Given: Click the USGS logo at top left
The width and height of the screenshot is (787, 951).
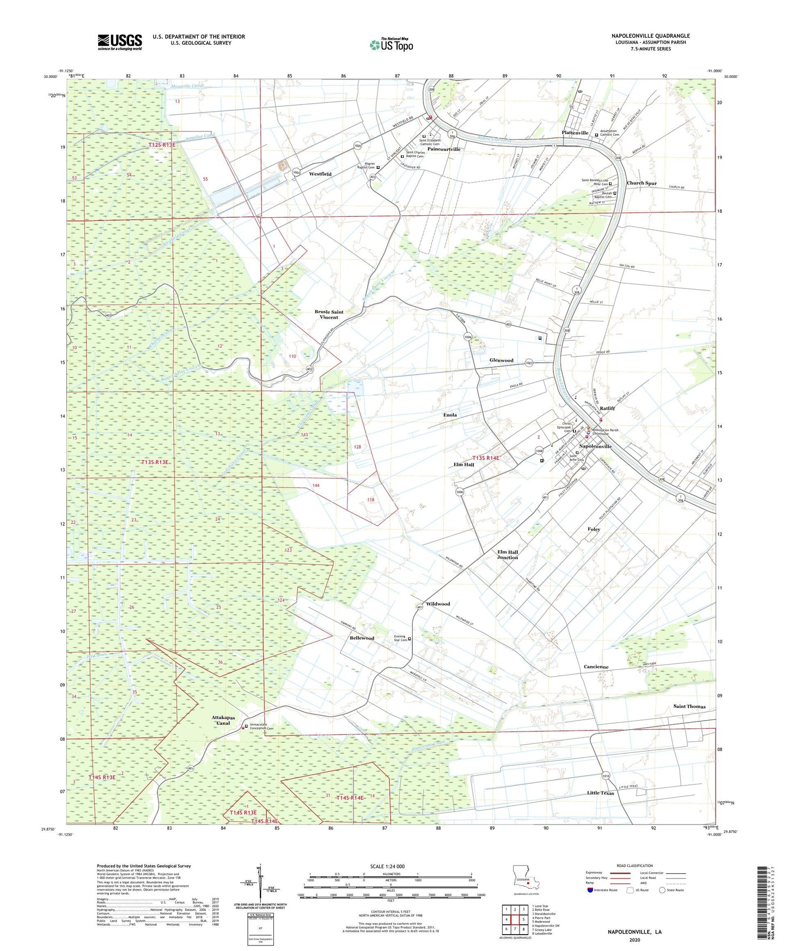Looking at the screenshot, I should tap(120, 41).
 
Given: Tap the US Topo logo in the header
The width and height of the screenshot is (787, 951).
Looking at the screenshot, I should tap(391, 45).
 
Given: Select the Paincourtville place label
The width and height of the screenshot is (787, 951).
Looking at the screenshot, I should tap(444, 149).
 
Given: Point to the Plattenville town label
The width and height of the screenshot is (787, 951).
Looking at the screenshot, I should tap(575, 133).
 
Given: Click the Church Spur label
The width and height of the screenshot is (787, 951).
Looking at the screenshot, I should tap(642, 184).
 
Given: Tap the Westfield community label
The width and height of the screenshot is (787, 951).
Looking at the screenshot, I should tap(320, 174).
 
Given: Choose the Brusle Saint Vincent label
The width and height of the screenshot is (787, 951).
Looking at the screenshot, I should tap(329, 315).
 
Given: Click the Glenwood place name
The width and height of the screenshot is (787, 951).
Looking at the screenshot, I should tap(501, 361).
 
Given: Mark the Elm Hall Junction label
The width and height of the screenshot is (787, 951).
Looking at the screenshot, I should tap(508, 554).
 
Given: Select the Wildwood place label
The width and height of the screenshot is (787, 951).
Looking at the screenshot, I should tap(438, 604).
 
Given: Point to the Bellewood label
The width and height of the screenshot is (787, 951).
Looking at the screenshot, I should tap(362, 638).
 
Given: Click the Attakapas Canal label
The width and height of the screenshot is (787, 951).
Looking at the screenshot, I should tap(223, 721).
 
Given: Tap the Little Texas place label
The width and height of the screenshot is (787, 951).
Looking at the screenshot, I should tap(600, 793).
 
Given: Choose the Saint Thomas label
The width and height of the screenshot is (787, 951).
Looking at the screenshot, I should tap(689, 706).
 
